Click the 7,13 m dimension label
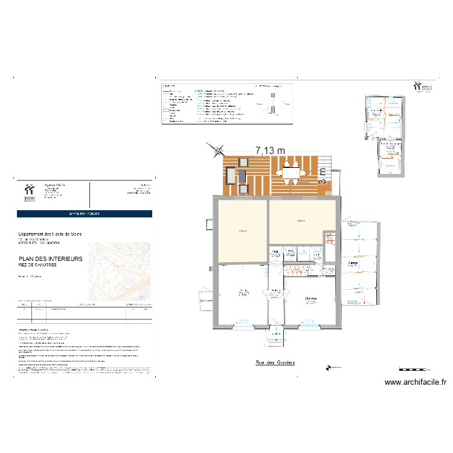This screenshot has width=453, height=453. pos(269,150)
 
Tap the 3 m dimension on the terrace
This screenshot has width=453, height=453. pos(323,176)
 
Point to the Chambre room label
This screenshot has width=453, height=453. pos(311,298)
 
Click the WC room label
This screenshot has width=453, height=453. pos(291,251)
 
